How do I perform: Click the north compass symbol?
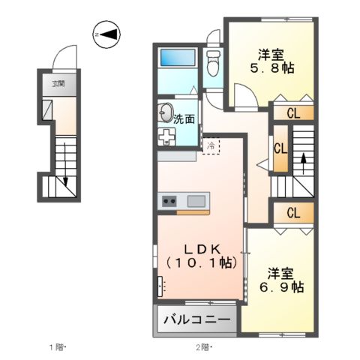pyautogui.click(x=107, y=34)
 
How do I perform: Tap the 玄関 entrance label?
pyautogui.click(x=58, y=83)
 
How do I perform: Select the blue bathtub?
pyautogui.click(x=178, y=58)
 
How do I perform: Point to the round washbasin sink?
pyautogui.click(x=166, y=114)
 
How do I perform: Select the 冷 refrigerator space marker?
pyautogui.click(x=211, y=145)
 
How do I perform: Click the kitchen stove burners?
pyautogui.click(x=169, y=200)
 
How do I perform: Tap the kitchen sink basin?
pyautogui.click(x=196, y=200)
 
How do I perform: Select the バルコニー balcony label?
pyautogui.click(x=197, y=320)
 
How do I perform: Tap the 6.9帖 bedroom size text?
pyautogui.click(x=281, y=286)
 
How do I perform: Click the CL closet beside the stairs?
pyautogui.click(x=280, y=147)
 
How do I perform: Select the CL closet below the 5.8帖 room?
pyautogui.click(x=292, y=113)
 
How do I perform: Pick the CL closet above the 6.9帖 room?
pyautogui.click(x=292, y=212)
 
